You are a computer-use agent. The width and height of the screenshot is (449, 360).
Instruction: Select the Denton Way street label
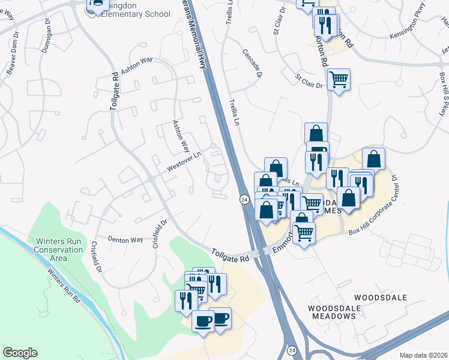tap(125, 239)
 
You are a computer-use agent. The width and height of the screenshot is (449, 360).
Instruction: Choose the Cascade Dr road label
tap(253, 64)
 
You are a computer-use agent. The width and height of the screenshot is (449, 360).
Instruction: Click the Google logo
tap(20, 353)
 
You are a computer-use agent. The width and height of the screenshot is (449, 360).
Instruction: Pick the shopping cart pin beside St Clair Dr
tap(339, 79)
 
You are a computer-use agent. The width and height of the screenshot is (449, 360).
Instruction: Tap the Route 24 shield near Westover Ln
tap(244, 199)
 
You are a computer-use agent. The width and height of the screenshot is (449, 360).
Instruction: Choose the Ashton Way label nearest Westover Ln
tap(181, 137)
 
